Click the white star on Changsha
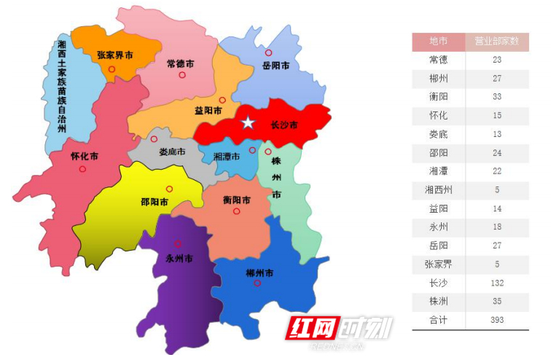(249, 122)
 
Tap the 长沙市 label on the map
(284, 125)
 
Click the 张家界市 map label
(115, 55)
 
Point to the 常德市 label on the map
(180, 63)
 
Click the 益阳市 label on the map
(208, 111)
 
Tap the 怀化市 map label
(85, 156)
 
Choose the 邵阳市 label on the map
(155, 202)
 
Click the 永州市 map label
(179, 257)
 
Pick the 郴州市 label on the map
(259, 273)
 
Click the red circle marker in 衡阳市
(236, 211)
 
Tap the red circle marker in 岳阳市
(268, 53)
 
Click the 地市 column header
(438, 42)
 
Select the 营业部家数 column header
(497, 42)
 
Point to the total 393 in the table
(497, 320)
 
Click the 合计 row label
(438, 320)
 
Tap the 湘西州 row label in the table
(438, 190)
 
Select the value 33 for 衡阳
(497, 97)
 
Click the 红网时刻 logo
(340, 329)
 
